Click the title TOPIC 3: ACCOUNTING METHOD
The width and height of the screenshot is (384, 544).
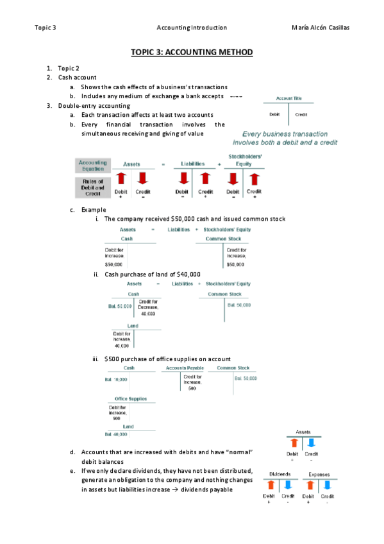click(192, 53)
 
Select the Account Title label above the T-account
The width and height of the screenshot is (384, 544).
click(288, 98)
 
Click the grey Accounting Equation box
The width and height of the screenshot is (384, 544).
click(92, 166)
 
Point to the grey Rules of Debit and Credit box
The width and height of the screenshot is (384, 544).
click(92, 187)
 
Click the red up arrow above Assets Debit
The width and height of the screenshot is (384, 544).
click(121, 178)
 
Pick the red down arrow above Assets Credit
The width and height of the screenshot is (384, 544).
click(143, 178)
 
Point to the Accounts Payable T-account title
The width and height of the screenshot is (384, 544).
click(185, 368)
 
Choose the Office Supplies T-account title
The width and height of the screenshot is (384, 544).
click(130, 398)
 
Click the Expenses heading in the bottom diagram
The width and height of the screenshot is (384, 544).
click(319, 474)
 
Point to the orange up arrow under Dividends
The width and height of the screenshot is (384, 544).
click(271, 486)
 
